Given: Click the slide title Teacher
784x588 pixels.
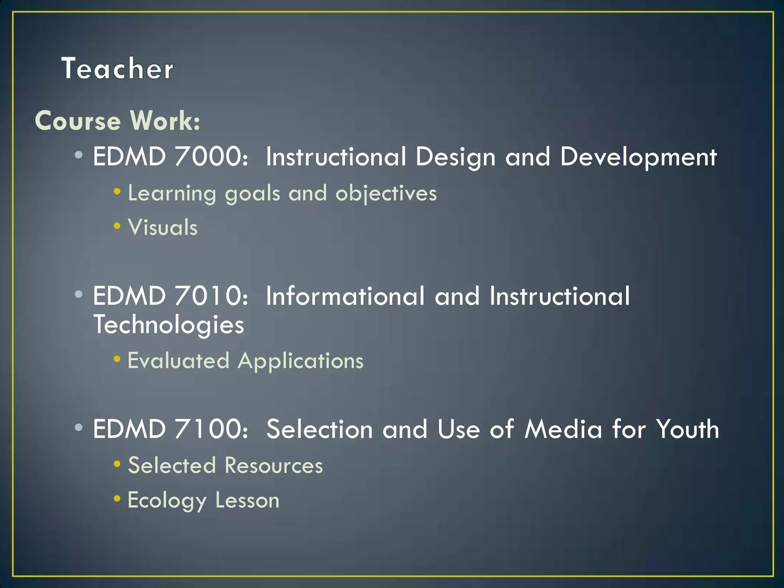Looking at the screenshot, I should click(117, 69).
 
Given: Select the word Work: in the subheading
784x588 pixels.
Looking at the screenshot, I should click(165, 121).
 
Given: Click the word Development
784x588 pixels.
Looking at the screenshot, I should click(638, 157).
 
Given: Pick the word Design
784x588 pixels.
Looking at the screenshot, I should click(456, 157).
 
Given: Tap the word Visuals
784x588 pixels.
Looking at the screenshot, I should click(163, 227).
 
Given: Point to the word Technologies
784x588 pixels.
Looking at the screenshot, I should click(168, 325).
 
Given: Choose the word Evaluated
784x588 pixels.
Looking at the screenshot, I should click(178, 361).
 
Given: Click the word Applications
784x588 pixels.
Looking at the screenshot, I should click(301, 361).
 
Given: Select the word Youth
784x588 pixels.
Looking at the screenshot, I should click(687, 429).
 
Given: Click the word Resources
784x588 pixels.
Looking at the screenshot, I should click(274, 465).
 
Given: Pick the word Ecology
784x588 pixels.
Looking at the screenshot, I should click(167, 501).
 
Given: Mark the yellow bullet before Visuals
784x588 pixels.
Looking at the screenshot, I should click(117, 226).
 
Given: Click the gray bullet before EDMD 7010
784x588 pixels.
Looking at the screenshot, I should click(79, 294).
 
